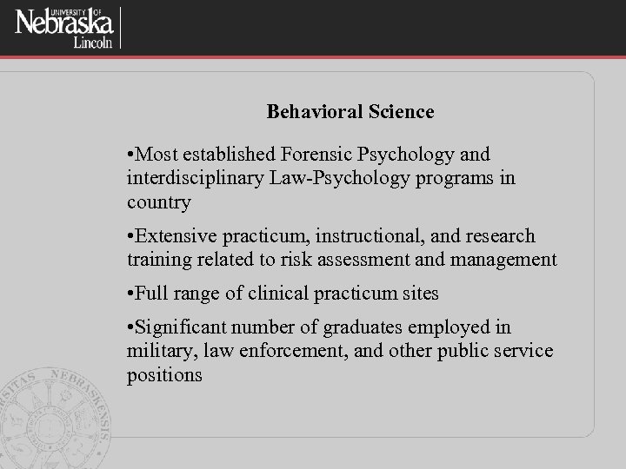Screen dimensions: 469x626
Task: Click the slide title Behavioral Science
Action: [350, 112]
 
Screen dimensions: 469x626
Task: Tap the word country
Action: [158, 202]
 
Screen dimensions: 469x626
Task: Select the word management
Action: [505, 259]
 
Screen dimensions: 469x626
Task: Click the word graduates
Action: [363, 327]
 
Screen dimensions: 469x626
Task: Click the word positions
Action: [164, 375]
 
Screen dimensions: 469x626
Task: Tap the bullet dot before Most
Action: [130, 155]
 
